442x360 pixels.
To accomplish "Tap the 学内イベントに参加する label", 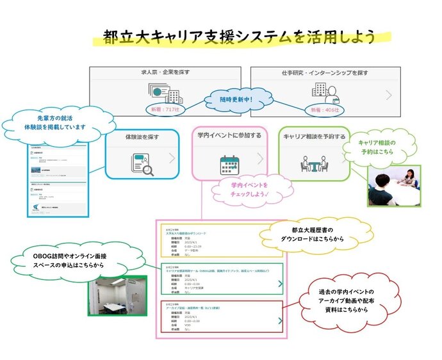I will coord(229,136).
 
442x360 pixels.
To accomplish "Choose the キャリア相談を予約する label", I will coord(314,136).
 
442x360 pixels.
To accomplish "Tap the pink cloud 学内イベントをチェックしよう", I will coord(254,190).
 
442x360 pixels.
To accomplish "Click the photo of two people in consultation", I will coord(394,186).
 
